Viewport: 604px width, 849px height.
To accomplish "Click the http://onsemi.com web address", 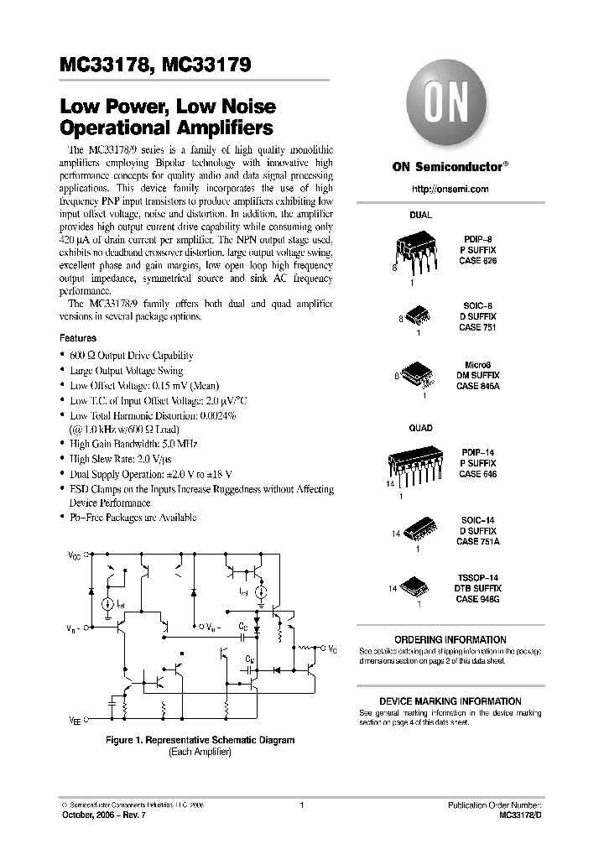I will coord(450,190).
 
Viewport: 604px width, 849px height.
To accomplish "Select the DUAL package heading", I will coord(420,215).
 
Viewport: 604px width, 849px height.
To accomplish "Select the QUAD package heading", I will coord(420,428).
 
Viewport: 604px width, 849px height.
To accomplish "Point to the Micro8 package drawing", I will coord(419,373).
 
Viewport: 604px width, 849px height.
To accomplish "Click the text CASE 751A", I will coord(477,542).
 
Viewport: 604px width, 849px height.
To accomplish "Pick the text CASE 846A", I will coord(477,386).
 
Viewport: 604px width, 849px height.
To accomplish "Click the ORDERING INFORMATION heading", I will coord(450,639).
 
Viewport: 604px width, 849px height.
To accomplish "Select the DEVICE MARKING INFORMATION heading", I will coord(450,701).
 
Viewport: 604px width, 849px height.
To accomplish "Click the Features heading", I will coord(77,338).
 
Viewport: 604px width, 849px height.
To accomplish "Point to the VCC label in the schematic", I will coord(75,555).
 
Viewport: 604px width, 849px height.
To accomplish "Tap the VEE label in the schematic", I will coord(75,719).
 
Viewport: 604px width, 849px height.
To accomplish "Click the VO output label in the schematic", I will coord(332,648).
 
